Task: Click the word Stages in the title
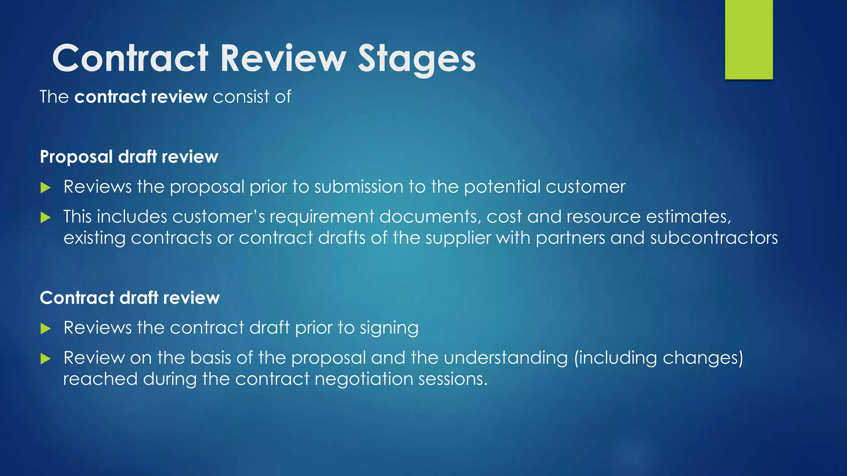[x=416, y=59]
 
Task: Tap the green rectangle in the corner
[x=749, y=40]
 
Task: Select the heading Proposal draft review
[x=129, y=157]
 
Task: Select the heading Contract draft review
[x=129, y=298]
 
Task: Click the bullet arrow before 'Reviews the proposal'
[x=45, y=188]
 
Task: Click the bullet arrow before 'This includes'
[x=45, y=218]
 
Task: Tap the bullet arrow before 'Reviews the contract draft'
[x=45, y=329]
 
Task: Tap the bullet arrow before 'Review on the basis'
[x=45, y=359]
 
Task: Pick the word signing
[x=389, y=328]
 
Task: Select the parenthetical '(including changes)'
[x=658, y=358]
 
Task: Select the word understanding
[x=506, y=358]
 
